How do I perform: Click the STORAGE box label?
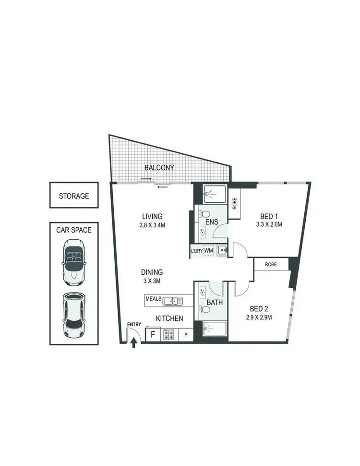tap(74, 196)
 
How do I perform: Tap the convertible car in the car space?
tap(74, 263)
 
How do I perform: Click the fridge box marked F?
tap(153, 333)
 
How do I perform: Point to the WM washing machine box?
tap(208, 250)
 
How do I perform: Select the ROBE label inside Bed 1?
tap(234, 205)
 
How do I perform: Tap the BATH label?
tap(213, 303)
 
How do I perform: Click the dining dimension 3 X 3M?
tap(152, 281)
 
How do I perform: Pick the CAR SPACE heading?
tap(74, 230)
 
